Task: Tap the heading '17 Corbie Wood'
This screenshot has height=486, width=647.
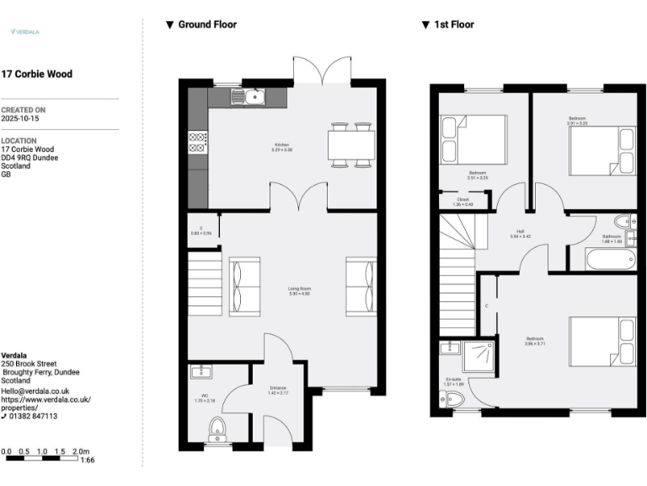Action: tap(37, 74)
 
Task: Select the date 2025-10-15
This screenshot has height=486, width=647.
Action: tap(19, 119)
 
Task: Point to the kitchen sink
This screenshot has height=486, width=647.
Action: tap(250, 97)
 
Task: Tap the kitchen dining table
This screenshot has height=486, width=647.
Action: tap(350, 147)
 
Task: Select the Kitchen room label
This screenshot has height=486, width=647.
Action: tap(281, 147)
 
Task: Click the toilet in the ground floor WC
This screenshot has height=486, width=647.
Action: tap(217, 429)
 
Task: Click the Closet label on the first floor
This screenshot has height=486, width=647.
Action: tap(463, 202)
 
